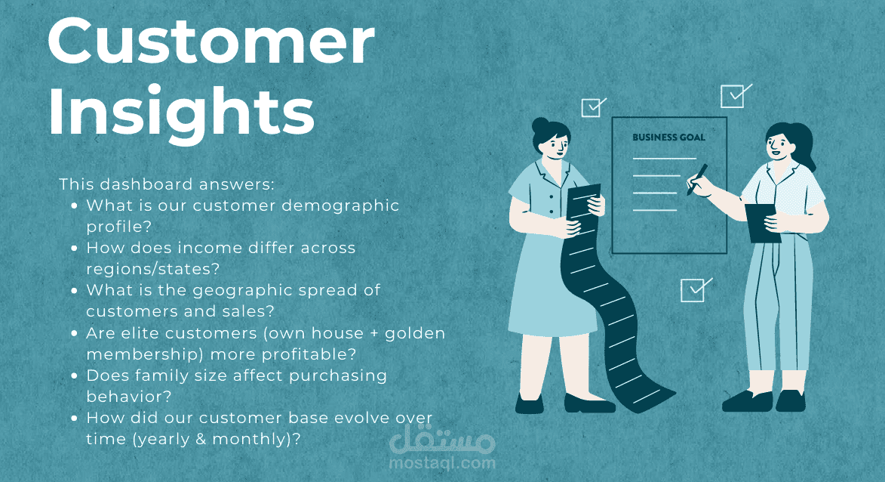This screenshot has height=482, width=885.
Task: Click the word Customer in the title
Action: point(211,42)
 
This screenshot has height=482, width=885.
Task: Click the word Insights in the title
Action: point(181,113)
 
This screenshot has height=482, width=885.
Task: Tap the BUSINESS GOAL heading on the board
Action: point(668,137)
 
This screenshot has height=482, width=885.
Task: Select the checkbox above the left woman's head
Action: point(592,107)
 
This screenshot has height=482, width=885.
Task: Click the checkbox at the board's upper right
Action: point(734,96)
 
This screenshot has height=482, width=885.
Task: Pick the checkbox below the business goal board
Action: point(695,290)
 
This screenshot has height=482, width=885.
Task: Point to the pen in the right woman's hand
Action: point(697,179)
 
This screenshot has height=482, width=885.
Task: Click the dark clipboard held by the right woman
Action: point(763,223)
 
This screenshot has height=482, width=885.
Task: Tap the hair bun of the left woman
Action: point(540,125)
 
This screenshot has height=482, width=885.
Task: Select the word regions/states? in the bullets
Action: point(152,269)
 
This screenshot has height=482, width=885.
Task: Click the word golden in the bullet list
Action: point(415,333)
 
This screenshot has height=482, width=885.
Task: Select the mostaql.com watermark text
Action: point(442,463)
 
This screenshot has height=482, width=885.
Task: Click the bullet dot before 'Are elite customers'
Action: point(74,333)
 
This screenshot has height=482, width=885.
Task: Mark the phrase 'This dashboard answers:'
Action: point(167,184)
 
